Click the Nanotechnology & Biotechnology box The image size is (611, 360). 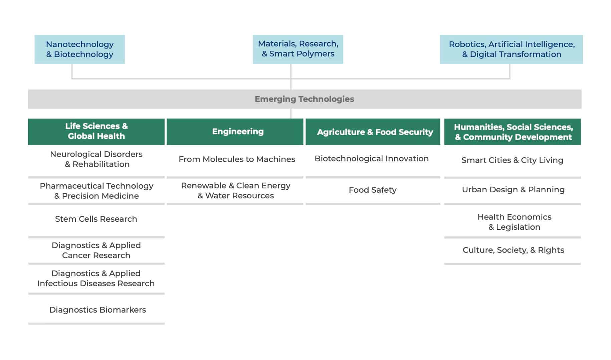[79, 49]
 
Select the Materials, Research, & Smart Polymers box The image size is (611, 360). [298, 49]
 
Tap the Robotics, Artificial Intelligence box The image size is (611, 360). [511, 49]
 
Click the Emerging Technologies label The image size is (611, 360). [304, 99]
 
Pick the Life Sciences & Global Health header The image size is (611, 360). [96, 132]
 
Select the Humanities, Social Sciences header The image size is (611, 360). [513, 132]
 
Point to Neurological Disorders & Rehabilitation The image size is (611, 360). [96, 159]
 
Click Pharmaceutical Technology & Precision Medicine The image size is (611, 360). [96, 191]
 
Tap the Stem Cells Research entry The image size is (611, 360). [96, 219]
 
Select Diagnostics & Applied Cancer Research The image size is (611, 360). [96, 250]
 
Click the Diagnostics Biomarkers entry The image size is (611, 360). [97, 310]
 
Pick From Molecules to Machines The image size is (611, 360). [237, 159]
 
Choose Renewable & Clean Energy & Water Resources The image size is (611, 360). [236, 190]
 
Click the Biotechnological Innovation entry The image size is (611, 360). [372, 159]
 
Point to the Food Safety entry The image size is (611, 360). [373, 190]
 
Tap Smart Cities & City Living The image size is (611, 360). [513, 160]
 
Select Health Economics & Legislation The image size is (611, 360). [514, 222]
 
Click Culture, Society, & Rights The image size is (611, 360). [514, 250]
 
